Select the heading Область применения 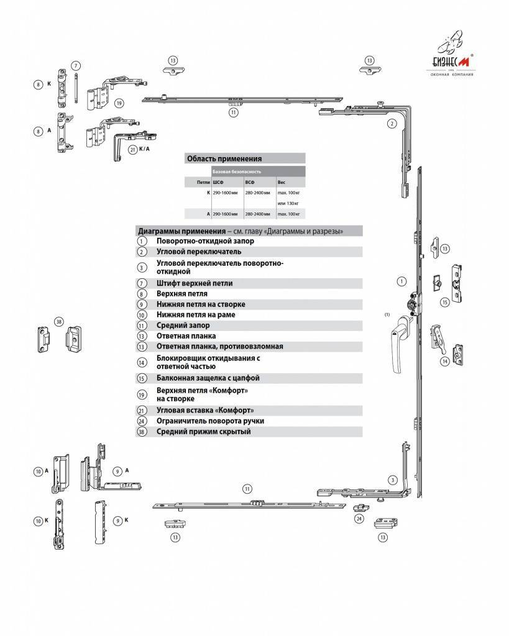(x=224, y=158)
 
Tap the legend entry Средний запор (x=183, y=325)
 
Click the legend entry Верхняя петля (x=182, y=293)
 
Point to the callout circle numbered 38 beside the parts (x=59, y=322)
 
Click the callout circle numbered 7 (x=75, y=65)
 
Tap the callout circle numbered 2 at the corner (x=392, y=124)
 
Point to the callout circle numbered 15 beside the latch (x=445, y=302)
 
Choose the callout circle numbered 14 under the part (x=445, y=361)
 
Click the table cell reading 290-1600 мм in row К (x=224, y=193)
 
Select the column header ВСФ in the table (x=250, y=183)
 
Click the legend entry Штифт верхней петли (x=195, y=283)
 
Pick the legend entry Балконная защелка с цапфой (x=208, y=378)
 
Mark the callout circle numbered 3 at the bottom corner (x=392, y=479)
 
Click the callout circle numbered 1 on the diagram (x=400, y=281)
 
